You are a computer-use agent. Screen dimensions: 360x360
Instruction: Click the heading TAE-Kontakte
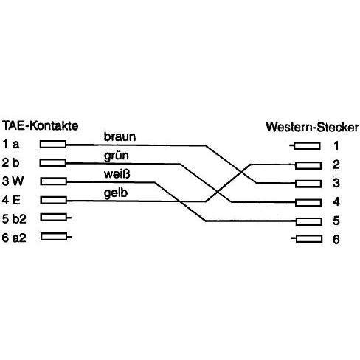pos(41,126)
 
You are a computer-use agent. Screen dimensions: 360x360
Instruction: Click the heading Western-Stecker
pos(312,127)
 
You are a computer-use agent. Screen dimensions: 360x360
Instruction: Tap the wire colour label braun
pos(120,136)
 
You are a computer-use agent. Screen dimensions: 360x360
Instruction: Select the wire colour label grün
pos(117,156)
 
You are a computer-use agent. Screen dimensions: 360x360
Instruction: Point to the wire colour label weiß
pos(117,174)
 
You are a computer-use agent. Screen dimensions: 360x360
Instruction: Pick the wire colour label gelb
pos(116,193)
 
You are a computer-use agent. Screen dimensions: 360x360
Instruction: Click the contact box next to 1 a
pos(53,145)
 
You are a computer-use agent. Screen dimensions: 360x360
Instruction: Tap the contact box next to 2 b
pos(53,163)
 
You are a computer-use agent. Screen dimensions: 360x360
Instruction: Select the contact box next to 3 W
pos(53,181)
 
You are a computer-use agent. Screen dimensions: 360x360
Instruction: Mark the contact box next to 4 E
pos(53,200)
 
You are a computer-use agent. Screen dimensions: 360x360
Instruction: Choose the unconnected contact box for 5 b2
pos(53,217)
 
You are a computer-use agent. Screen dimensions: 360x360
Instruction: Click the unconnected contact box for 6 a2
pos(54,237)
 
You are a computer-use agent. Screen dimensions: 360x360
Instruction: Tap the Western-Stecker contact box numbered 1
pos(307,146)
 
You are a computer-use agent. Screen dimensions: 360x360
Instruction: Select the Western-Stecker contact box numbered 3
pos(308,184)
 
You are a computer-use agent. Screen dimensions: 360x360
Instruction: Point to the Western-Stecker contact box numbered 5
pos(309,221)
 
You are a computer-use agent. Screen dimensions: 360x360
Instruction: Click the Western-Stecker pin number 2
pos(336,165)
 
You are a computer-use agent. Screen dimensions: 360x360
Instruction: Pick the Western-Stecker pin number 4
pos(336,202)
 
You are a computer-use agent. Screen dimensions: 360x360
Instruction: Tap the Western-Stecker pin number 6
pos(336,239)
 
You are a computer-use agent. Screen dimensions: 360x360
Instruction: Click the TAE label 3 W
pos(13,181)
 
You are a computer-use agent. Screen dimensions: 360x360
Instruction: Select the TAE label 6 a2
pos(14,238)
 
